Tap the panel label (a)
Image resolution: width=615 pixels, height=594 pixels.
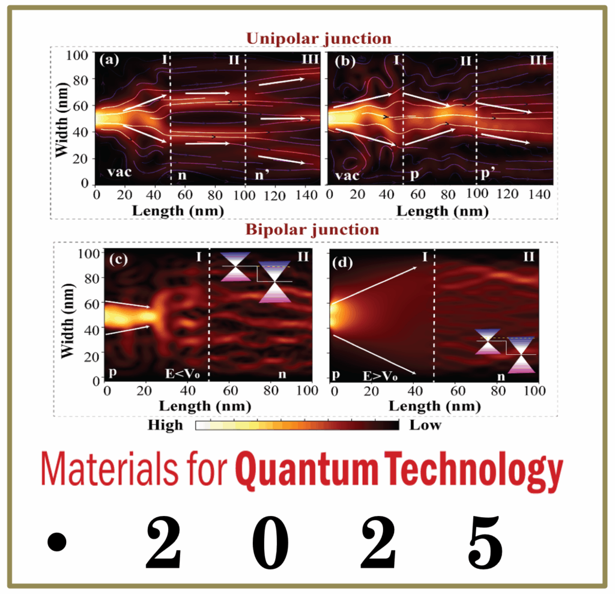[x=109, y=60]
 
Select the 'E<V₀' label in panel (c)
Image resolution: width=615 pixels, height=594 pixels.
[x=183, y=374]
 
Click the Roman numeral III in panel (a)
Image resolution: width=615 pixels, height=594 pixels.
[x=310, y=59]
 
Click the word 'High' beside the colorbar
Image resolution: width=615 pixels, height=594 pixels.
[x=165, y=426]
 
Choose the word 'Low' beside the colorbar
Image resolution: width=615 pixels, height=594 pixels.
[x=425, y=426]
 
